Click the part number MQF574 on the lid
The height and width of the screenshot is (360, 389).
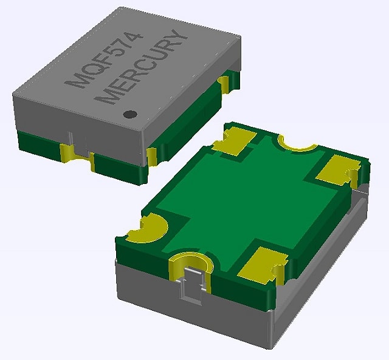click(107, 61)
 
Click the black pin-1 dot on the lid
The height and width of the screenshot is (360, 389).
click(129, 114)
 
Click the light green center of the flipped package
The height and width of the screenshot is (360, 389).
click(243, 200)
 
